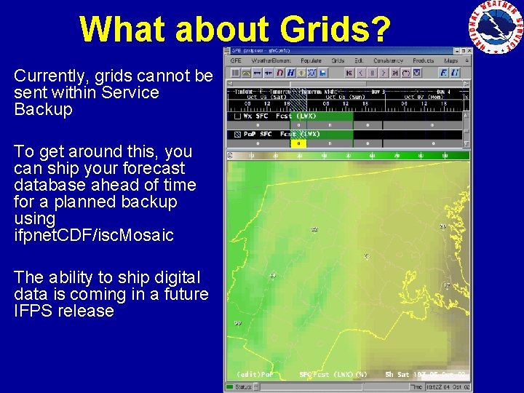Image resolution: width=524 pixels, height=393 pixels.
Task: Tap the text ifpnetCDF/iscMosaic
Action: click(x=94, y=235)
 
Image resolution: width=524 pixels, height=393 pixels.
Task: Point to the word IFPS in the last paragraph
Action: click(x=31, y=311)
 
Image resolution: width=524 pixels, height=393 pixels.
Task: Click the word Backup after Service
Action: click(x=43, y=110)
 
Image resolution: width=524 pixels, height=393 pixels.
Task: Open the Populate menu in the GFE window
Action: click(x=311, y=60)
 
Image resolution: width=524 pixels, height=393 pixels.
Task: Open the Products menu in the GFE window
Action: click(x=423, y=60)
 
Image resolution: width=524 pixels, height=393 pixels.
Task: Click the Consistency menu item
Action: click(x=388, y=60)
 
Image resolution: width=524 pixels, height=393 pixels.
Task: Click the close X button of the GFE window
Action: click(x=465, y=51)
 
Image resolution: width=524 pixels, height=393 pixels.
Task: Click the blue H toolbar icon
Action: click(x=291, y=73)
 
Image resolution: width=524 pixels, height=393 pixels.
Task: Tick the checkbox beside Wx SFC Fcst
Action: click(x=237, y=116)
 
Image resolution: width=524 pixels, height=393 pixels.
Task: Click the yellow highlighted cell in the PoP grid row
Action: click(x=298, y=143)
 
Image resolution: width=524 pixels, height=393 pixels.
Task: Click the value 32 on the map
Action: click(x=314, y=229)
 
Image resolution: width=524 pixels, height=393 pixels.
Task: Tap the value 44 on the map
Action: click(x=272, y=276)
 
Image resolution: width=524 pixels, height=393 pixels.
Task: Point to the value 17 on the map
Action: click(x=446, y=285)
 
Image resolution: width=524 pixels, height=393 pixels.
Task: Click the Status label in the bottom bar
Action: click(x=245, y=386)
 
